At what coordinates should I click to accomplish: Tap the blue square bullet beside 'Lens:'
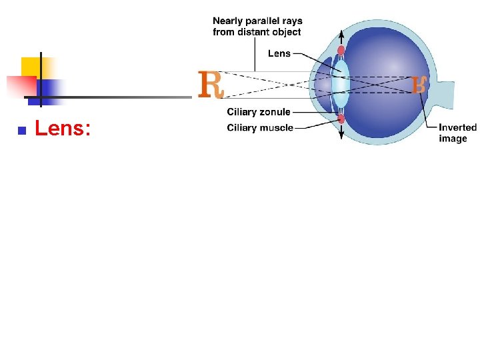(x=21, y=131)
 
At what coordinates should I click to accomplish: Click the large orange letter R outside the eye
(x=211, y=84)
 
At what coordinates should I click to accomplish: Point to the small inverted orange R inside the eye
(x=419, y=85)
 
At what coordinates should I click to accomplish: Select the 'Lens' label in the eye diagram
(x=279, y=53)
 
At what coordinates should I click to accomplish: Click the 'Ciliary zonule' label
(x=259, y=112)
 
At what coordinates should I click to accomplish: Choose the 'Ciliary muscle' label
(x=260, y=127)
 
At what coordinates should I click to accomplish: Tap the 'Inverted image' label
(x=457, y=133)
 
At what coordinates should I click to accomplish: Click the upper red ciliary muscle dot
(x=341, y=50)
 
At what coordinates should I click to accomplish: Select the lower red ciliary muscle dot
(x=341, y=119)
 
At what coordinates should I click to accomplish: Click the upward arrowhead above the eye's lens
(x=341, y=33)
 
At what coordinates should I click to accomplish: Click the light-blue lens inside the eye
(x=341, y=85)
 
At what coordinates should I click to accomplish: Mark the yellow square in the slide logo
(x=33, y=67)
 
